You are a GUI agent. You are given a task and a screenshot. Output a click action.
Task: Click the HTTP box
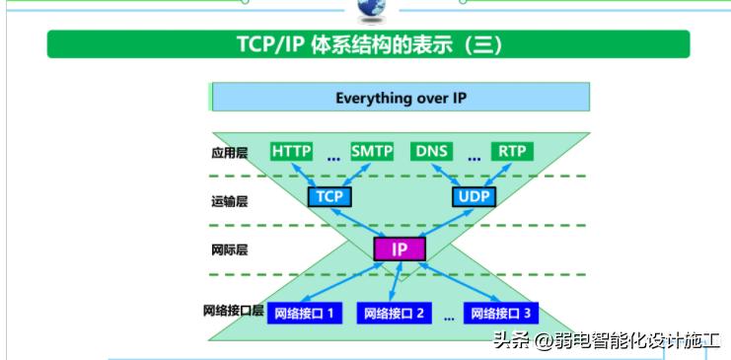point(291,151)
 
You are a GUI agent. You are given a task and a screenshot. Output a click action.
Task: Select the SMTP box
point(372,151)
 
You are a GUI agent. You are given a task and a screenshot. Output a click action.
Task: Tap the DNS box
point(432,151)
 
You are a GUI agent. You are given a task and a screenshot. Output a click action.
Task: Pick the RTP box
point(511,151)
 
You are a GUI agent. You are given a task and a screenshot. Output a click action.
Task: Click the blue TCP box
point(329,196)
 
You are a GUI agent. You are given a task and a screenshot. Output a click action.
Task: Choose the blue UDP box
point(475,196)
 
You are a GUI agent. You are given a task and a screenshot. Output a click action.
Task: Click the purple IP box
point(400,250)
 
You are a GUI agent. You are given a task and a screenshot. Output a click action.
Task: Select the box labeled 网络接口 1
point(304,314)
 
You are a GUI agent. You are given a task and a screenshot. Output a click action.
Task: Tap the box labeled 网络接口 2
point(394,314)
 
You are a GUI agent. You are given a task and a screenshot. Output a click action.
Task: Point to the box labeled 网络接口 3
point(501,314)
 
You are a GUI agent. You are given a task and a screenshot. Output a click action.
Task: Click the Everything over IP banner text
point(401,98)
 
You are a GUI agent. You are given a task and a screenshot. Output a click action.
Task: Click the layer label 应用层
point(229,153)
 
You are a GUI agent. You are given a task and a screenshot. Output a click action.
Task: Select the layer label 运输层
point(229,201)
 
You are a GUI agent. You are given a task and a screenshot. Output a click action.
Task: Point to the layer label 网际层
point(229,250)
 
